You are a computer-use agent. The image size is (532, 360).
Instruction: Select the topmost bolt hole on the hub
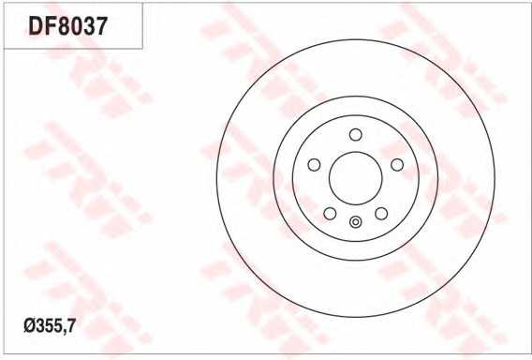(356, 134)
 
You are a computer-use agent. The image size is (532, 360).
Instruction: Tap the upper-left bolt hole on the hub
(314, 165)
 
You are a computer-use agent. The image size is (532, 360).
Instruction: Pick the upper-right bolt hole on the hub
(397, 165)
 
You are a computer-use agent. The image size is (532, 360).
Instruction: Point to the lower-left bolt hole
(330, 214)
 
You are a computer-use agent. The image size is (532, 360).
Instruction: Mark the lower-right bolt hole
(381, 214)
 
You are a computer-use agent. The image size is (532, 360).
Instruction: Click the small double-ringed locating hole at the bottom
(356, 222)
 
